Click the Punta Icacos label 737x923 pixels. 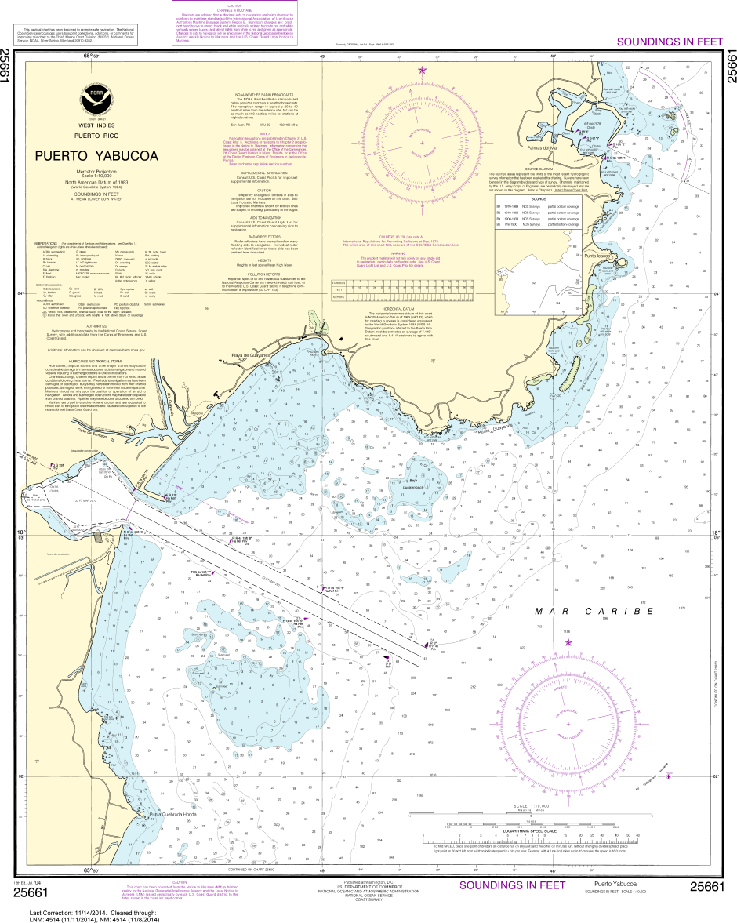click(x=597, y=255)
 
